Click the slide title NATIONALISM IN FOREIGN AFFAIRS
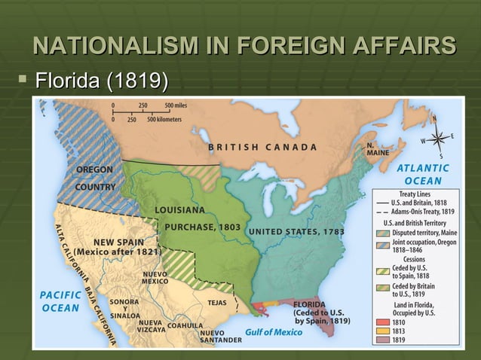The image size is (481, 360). pos(244,44)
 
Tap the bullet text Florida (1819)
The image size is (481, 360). pos(100,79)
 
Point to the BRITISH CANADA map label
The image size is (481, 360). pos(262,147)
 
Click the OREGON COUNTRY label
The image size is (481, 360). pos(95,178)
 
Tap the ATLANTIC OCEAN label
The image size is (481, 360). pos(424,175)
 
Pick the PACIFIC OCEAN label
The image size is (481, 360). pos(60,301)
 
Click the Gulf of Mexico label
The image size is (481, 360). pos(274,332)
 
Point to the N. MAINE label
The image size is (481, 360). pos(378,148)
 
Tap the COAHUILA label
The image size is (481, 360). pos(185,325)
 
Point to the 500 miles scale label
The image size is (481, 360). pos(179,106)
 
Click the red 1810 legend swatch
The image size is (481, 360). pos(382,322)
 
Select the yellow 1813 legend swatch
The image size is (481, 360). pos(382,331)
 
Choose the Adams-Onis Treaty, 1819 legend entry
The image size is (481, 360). pos(421,212)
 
